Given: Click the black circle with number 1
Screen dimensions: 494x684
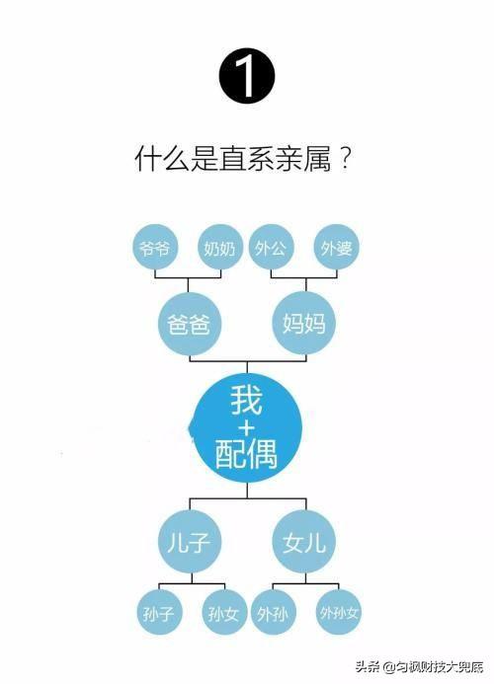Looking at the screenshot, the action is coord(247,76).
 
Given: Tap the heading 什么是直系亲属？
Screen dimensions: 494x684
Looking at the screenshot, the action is coord(243,158).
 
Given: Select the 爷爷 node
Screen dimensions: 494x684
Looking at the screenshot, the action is coord(155,248).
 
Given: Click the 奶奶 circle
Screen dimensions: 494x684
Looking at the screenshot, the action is coord(220,248).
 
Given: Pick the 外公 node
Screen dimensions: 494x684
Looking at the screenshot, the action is coord(272,248).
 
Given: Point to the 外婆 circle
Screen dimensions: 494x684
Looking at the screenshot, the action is coord(336,248).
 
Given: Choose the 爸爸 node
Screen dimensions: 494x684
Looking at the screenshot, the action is coord(189,324).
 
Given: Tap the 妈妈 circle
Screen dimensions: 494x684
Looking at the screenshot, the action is coord(304,323).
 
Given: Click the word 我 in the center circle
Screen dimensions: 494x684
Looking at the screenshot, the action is coord(247,401).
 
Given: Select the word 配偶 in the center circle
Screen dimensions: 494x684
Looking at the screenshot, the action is coord(247,455).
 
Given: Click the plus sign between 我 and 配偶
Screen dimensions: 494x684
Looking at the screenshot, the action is coord(247,427).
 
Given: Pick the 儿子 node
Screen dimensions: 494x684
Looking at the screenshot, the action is coord(190,542).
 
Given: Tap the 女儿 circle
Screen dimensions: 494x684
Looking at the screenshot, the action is coord(304,542).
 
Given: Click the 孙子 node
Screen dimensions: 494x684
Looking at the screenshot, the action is coord(159,613).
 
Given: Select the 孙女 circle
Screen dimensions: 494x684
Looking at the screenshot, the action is coord(224,613).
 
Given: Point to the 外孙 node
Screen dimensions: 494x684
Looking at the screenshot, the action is coord(273,613).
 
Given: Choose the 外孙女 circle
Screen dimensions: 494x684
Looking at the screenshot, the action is coord(339,613).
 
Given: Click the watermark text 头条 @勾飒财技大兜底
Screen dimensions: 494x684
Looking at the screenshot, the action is coord(419,666).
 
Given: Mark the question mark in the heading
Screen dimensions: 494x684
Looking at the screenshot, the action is coord(345,158).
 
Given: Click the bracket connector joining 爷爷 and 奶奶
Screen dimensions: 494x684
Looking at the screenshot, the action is coord(189,278).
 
